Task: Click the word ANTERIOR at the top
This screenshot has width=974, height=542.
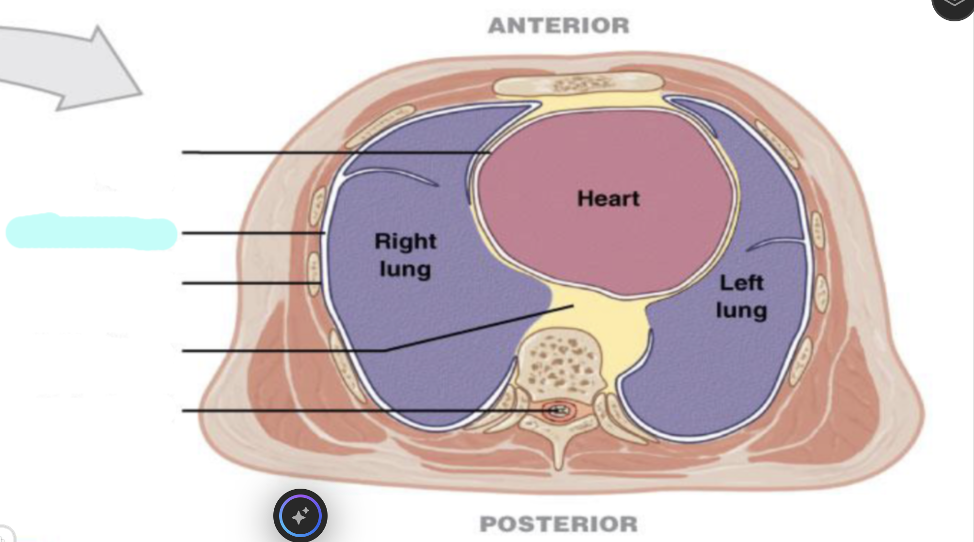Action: [x=559, y=26]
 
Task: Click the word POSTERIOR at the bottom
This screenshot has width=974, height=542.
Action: [x=559, y=524]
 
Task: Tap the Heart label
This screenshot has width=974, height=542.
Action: [x=609, y=199]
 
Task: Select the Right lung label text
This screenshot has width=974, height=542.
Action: [x=406, y=255]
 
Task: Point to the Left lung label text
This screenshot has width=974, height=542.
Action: [x=741, y=297]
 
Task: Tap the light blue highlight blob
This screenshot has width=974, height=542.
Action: [x=91, y=232]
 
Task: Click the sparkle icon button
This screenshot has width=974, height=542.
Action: [x=300, y=516]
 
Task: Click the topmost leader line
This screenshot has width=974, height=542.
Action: [x=336, y=153]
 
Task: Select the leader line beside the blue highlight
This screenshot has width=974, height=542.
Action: [x=253, y=233]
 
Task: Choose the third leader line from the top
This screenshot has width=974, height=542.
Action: [x=251, y=283]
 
